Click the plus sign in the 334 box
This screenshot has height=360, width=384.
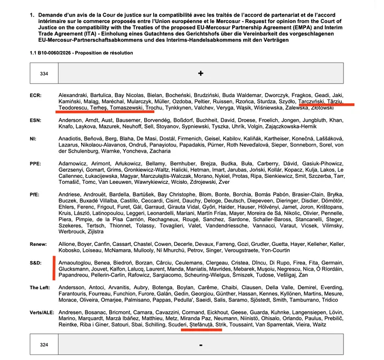(x=201, y=73)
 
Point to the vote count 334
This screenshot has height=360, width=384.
(x=44, y=73)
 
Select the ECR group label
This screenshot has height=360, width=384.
(x=36, y=94)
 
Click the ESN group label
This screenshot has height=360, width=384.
(x=36, y=120)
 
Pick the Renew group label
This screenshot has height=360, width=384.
(x=38, y=243)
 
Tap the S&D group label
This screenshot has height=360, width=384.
(x=36, y=263)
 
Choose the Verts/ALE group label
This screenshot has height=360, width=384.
(x=42, y=312)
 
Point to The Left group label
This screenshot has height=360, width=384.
(x=40, y=287)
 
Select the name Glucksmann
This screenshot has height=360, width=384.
(x=75, y=269)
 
